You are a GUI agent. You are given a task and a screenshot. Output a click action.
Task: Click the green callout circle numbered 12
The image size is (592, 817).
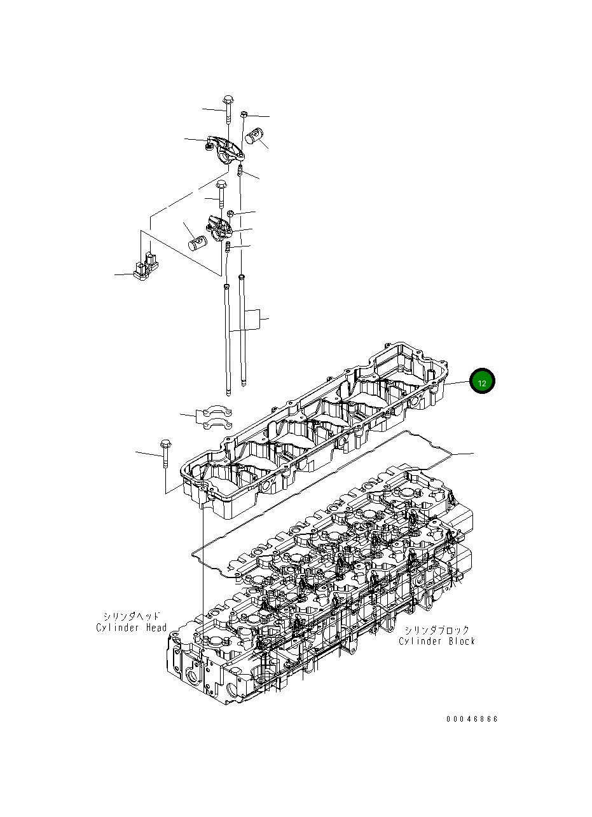coord(481,382)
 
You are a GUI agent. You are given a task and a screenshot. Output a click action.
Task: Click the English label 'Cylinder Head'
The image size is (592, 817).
coord(132,628)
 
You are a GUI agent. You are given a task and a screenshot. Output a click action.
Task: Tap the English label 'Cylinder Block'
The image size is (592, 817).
coord(437,641)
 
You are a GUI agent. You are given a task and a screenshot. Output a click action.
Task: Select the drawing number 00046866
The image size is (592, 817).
coord(472,719)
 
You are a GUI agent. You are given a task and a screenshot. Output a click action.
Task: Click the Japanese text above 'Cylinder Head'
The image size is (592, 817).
coord(132,616)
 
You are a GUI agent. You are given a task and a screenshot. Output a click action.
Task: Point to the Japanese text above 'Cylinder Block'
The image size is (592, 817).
coord(437,630)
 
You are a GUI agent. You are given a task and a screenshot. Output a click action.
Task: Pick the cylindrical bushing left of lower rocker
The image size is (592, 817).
coord(198,242)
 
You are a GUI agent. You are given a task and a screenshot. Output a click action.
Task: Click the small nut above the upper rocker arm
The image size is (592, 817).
coord(244,114)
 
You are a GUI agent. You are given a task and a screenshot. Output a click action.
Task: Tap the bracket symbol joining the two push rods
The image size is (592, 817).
coord(260,319)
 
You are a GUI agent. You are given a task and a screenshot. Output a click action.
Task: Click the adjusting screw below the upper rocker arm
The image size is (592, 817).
coord(240,170)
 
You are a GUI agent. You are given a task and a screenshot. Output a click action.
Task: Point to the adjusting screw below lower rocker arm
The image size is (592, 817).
coord(229,246)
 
